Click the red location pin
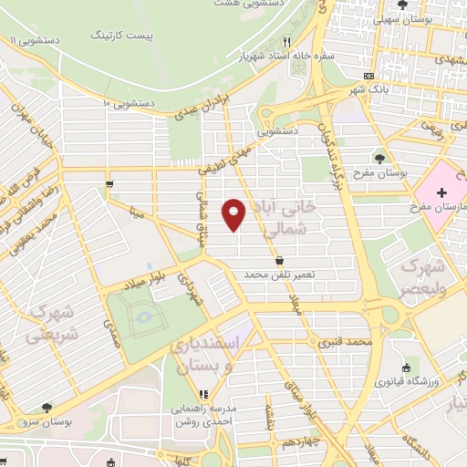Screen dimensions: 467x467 (x=235, y=213)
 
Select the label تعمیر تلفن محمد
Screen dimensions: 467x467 (x=291, y=275)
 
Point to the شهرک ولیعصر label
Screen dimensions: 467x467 (x=423, y=277)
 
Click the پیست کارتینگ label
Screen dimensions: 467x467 (x=124, y=36)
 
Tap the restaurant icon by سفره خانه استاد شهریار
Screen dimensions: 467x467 (x=285, y=42)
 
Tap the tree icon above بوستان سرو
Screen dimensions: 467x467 (x=47, y=409)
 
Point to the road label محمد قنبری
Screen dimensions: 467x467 (x=347, y=343)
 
